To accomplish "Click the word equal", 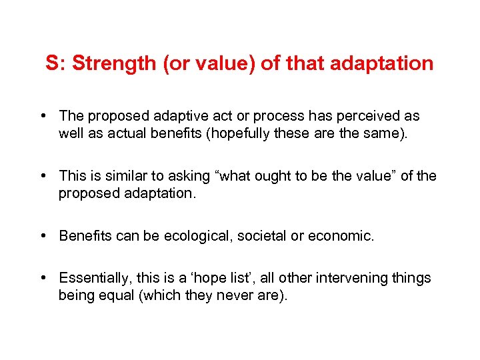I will point(117,295).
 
